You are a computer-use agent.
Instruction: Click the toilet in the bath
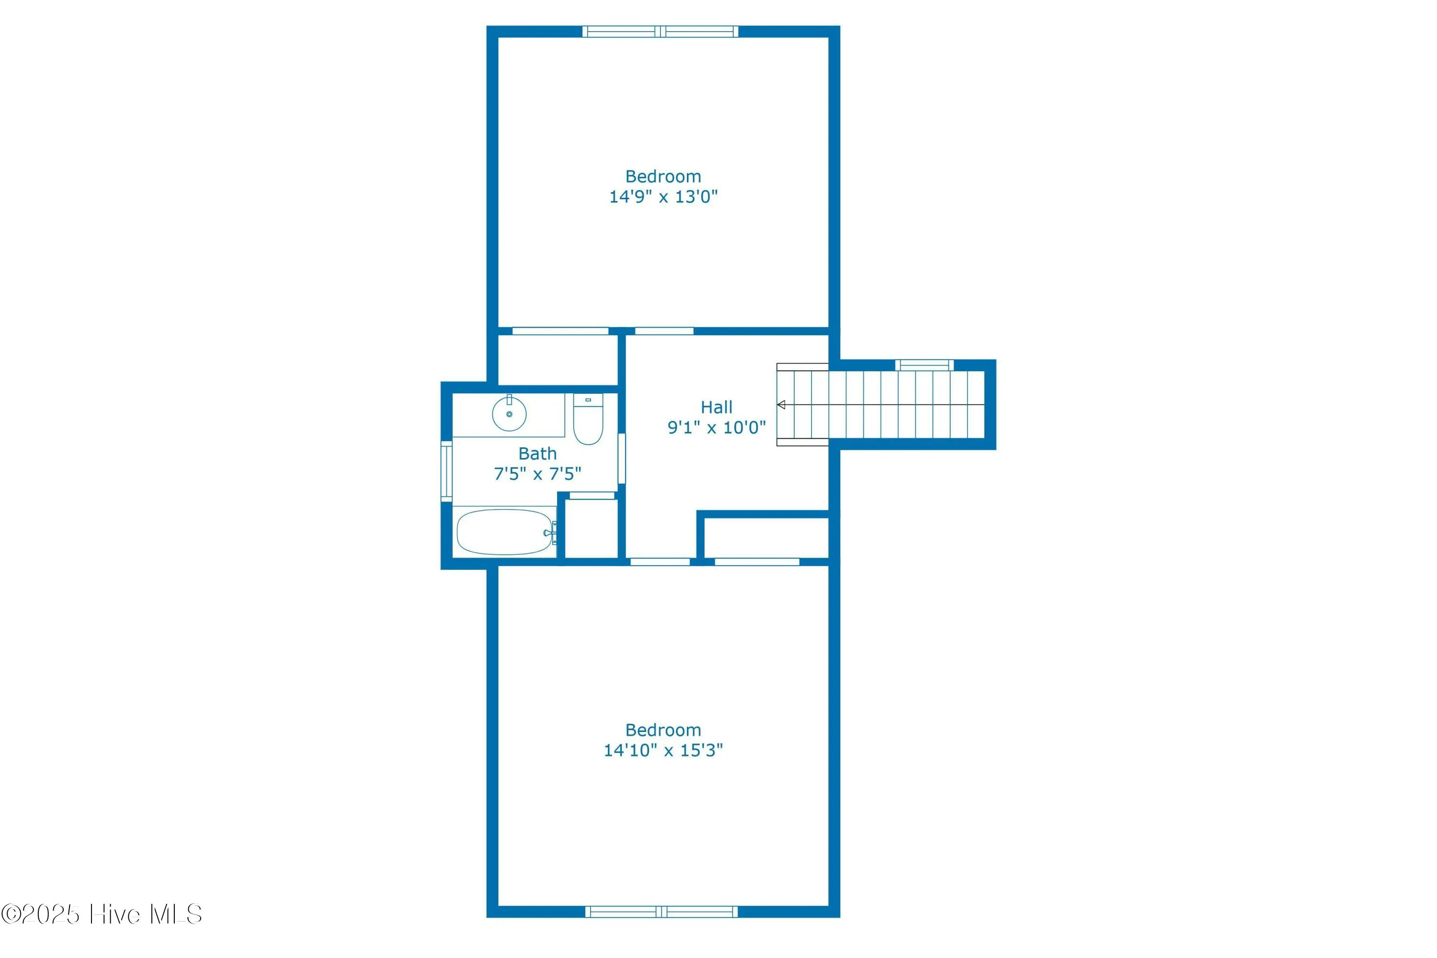[588, 421]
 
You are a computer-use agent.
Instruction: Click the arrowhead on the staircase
[781, 405]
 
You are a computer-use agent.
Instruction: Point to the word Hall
[716, 407]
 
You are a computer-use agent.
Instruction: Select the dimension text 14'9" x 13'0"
[663, 196]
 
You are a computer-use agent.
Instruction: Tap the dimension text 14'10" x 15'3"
[663, 750]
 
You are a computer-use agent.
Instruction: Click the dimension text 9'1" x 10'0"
[716, 427]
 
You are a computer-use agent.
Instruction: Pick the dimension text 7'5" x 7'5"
[537, 474]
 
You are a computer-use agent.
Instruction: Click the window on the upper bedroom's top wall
[661, 32]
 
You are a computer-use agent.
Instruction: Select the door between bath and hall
[621, 458]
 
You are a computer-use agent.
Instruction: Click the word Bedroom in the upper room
[663, 177]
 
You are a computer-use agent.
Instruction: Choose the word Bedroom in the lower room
[663, 730]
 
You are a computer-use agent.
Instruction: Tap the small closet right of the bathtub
[591, 528]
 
